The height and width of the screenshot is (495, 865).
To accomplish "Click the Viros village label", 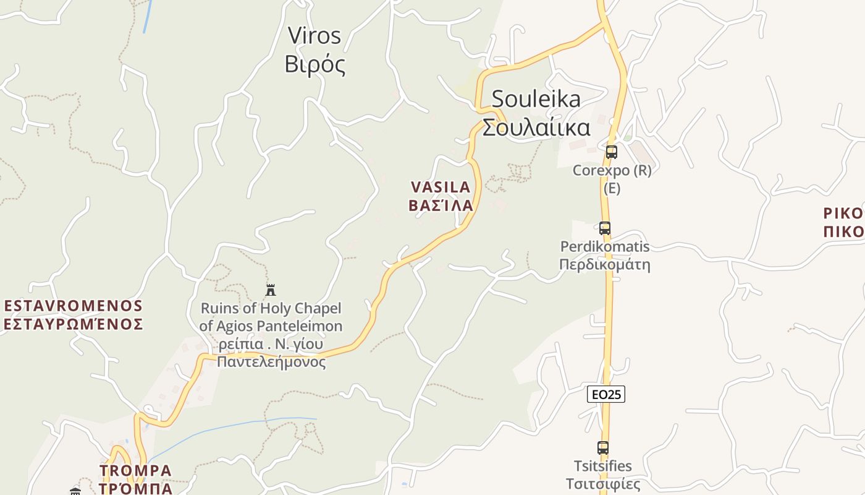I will (x=314, y=36).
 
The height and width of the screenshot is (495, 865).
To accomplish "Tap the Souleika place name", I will (x=536, y=99).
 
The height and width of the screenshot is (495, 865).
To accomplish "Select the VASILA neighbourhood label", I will (x=441, y=187).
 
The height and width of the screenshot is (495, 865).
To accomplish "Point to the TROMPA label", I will (x=135, y=471).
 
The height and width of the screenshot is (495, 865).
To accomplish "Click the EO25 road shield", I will (x=605, y=394).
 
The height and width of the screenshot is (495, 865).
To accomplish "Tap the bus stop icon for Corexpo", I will (x=611, y=152).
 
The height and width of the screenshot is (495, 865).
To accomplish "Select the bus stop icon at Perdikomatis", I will (x=604, y=228).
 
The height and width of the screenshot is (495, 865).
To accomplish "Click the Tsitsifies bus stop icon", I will (x=602, y=448).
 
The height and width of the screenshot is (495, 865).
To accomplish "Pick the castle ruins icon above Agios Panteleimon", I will (x=270, y=290).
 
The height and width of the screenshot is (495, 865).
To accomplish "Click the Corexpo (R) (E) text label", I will (x=612, y=178).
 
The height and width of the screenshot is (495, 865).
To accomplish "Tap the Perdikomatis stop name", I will (x=605, y=247).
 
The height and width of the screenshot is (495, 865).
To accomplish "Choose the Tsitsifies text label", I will (x=602, y=466).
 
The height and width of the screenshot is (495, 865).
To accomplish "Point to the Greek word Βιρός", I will (x=314, y=64).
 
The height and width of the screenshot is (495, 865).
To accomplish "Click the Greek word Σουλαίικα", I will (x=536, y=127).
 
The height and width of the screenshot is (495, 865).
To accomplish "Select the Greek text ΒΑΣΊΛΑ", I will (x=441, y=205).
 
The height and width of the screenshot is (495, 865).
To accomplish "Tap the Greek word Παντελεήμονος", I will (x=271, y=362).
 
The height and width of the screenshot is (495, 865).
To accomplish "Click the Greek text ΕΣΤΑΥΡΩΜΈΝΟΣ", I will (x=74, y=324).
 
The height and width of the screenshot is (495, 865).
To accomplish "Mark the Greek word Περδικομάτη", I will (x=605, y=265).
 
